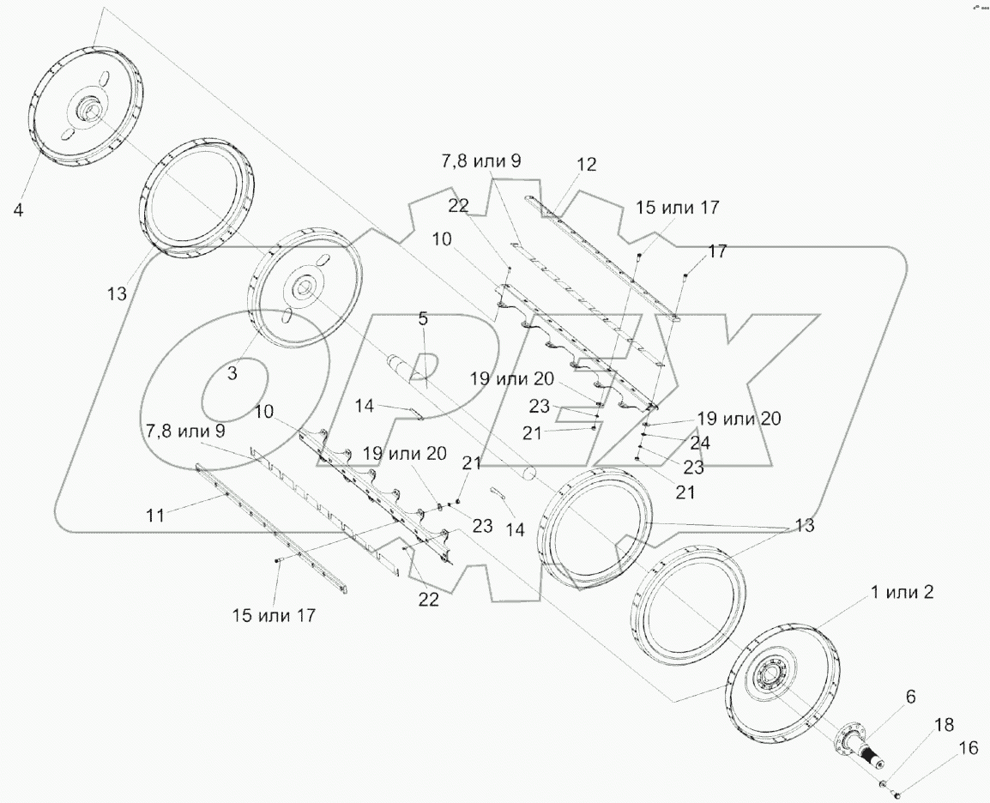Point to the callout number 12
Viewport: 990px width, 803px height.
point(586,164)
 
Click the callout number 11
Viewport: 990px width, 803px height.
point(154,515)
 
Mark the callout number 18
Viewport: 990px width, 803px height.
point(943,725)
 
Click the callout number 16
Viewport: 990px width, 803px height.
point(968,749)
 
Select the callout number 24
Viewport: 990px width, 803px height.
point(700,444)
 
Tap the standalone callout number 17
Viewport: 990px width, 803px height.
point(718,251)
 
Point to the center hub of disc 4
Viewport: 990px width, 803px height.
point(88,112)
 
